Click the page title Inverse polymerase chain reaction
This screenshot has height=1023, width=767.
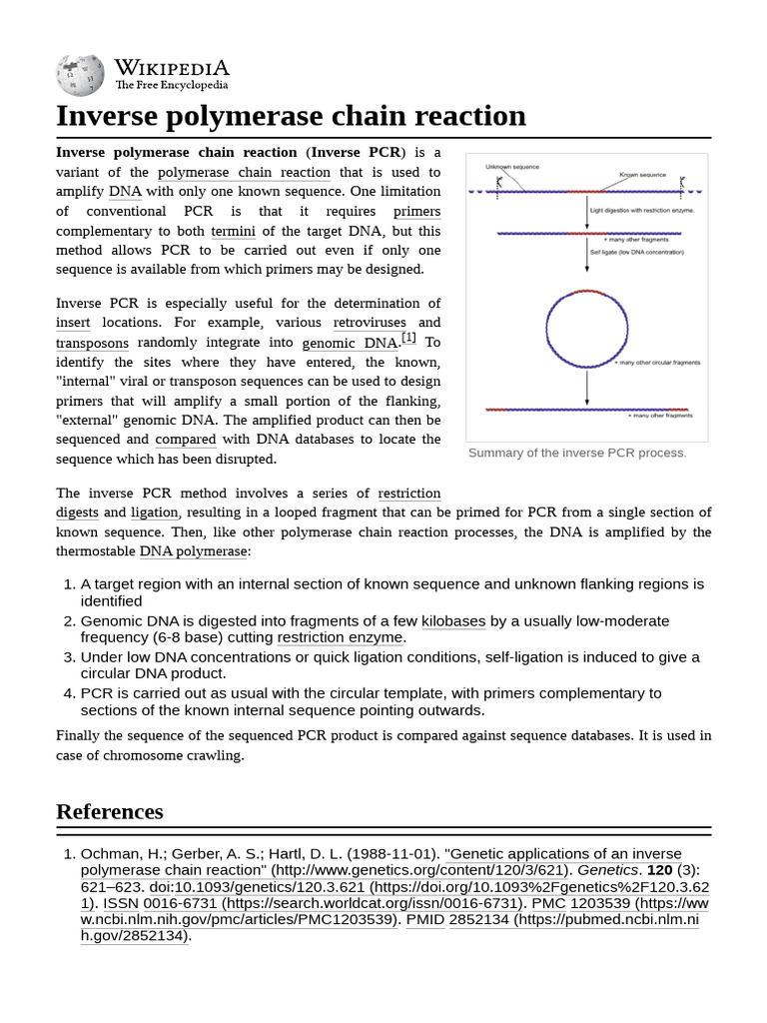point(291,116)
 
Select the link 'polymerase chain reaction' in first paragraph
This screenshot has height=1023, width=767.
point(244,172)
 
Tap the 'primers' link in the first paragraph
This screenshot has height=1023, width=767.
point(416,211)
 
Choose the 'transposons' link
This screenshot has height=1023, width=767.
point(93,343)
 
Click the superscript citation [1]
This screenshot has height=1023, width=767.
point(408,339)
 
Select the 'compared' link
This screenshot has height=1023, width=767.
point(185,440)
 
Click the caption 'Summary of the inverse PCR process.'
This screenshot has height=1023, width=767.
point(577,453)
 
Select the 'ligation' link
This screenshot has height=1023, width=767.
point(154,512)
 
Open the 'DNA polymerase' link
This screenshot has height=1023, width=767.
point(193,551)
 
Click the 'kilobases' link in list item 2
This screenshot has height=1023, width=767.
point(453,621)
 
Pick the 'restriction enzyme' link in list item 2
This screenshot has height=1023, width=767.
point(340,637)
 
